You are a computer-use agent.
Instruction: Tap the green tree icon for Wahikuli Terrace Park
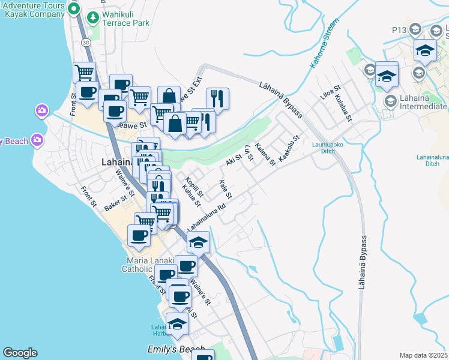[92, 17]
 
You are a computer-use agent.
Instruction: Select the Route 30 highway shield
[86, 43]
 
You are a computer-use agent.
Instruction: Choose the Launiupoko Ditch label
[327, 148]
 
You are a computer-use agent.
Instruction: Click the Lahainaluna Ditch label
[432, 160]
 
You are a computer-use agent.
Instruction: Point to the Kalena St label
[265, 154]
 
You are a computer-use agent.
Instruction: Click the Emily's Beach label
[176, 349]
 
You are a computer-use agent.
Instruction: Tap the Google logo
[20, 353]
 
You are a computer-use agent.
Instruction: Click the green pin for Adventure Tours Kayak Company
[74, 9]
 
